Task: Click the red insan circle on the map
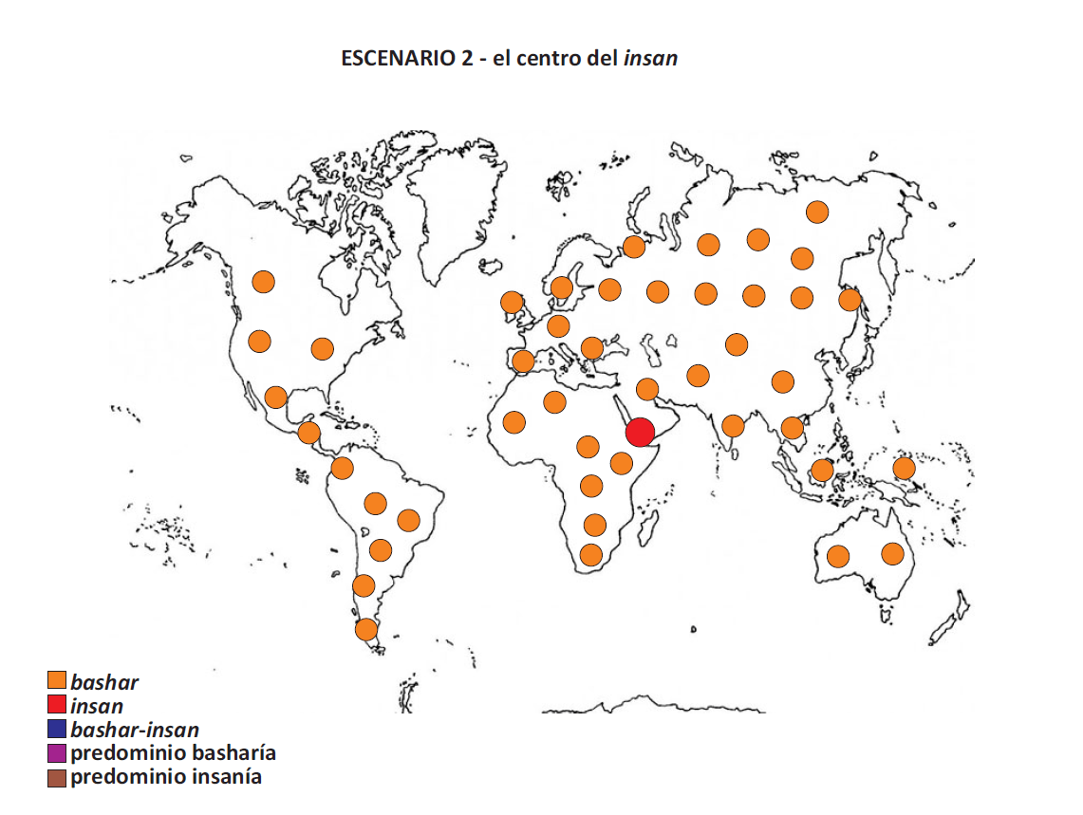pyautogui.click(x=640, y=432)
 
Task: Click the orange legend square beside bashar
pyautogui.click(x=57, y=681)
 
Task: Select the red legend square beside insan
pyautogui.click(x=57, y=706)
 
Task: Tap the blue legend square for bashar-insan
pyautogui.click(x=57, y=730)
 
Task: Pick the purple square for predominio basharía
pyautogui.click(x=57, y=753)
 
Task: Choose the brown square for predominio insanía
pyautogui.click(x=57, y=777)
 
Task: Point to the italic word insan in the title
pyautogui.click(x=650, y=58)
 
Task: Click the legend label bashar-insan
pyautogui.click(x=135, y=730)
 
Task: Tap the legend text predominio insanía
pyautogui.click(x=166, y=777)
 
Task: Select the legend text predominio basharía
pyautogui.click(x=173, y=753)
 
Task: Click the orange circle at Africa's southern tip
pyautogui.click(x=591, y=554)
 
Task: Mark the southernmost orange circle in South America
pyautogui.click(x=366, y=629)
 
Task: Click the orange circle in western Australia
pyautogui.click(x=837, y=556)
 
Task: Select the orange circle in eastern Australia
pyautogui.click(x=892, y=553)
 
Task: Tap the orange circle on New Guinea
pyautogui.click(x=904, y=468)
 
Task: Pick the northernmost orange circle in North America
pyautogui.click(x=263, y=282)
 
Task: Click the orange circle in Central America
pyautogui.click(x=308, y=433)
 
